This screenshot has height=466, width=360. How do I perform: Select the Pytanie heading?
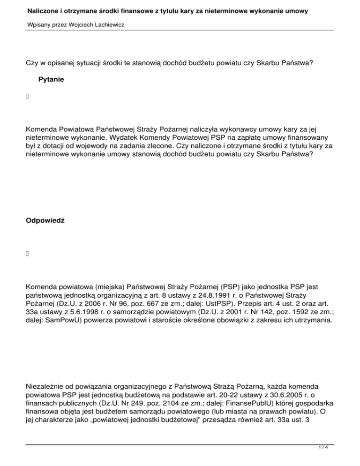pyautogui.click(x=51, y=80)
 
